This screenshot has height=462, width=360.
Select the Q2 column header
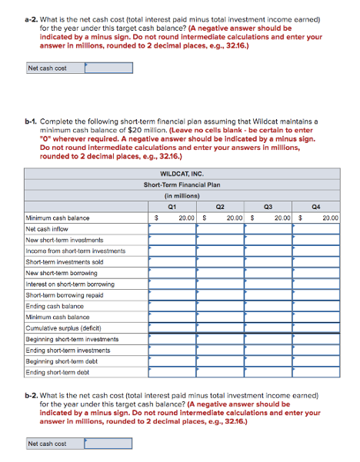220,205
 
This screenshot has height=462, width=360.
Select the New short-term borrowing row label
62,273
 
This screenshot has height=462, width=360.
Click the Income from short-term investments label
75,251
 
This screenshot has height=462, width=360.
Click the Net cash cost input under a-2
108,68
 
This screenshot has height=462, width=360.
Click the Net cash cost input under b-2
108,444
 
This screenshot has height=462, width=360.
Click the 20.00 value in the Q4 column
329,218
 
